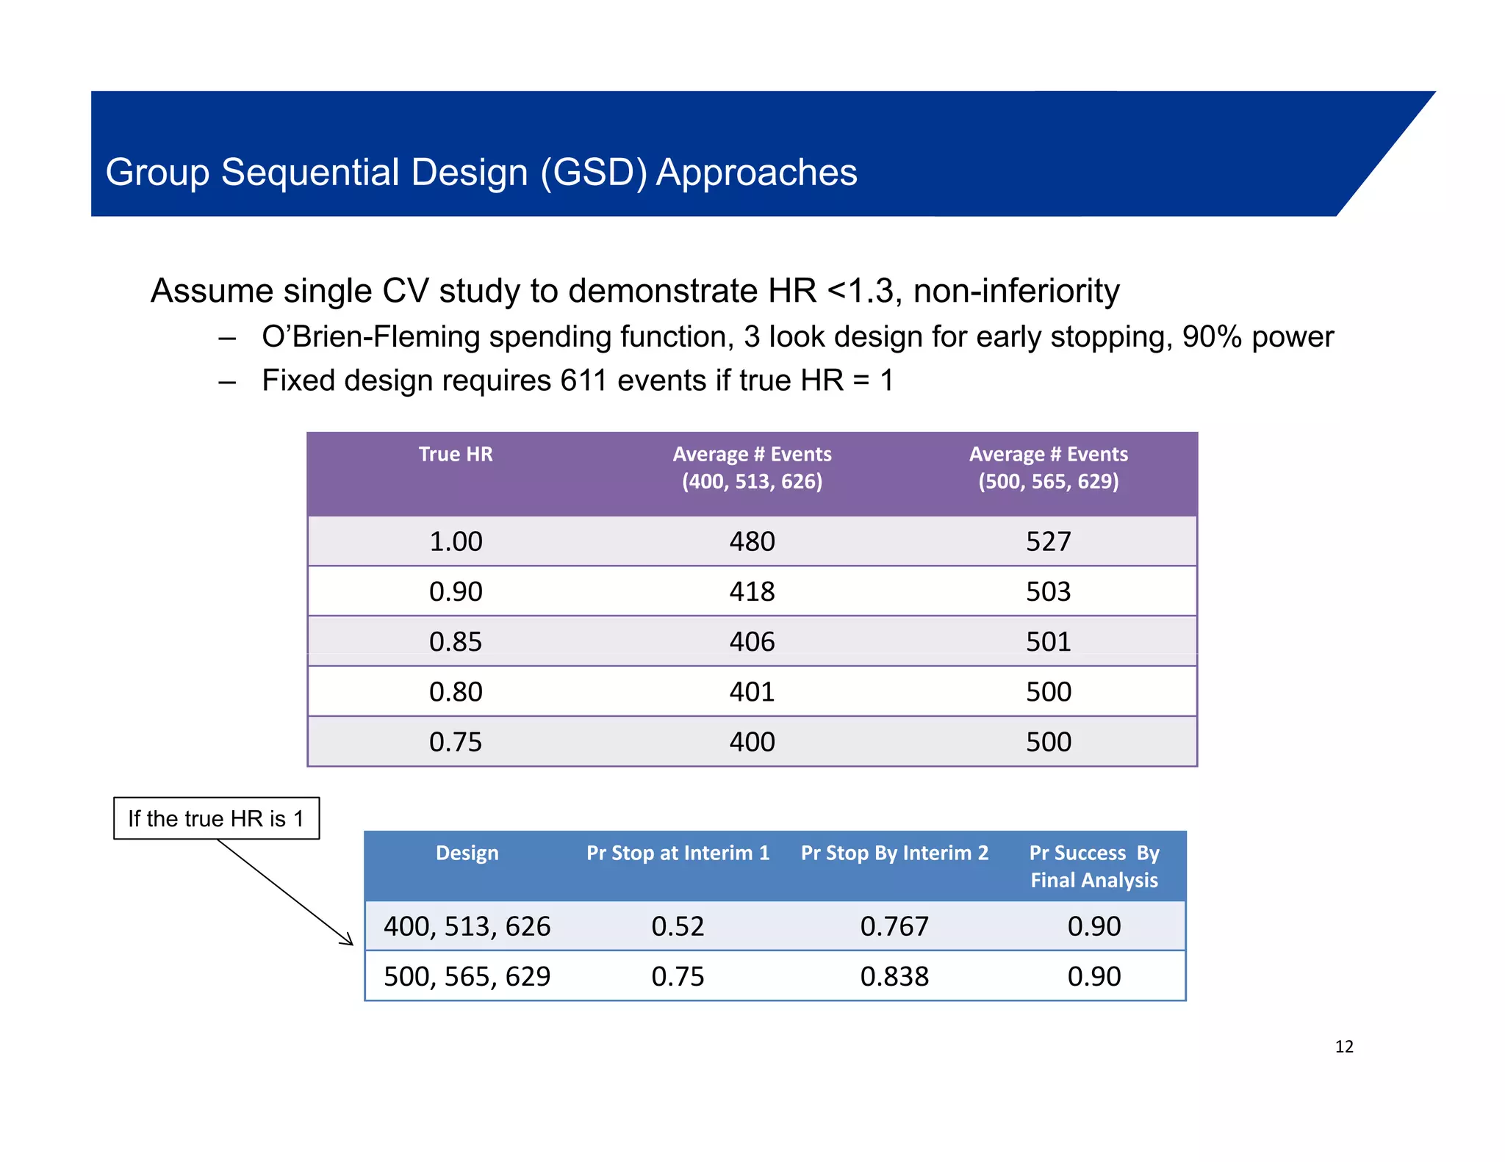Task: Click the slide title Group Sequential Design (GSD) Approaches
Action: click(481, 173)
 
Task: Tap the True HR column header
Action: click(456, 454)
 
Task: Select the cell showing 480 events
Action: click(752, 541)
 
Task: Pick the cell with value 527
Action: click(1048, 541)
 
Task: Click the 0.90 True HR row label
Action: click(456, 591)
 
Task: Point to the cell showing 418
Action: click(752, 591)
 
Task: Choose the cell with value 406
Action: click(752, 641)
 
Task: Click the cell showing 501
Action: click(1048, 641)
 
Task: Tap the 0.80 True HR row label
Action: click(456, 691)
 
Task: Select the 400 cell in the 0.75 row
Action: click(752, 742)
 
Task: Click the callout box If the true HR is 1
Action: click(216, 818)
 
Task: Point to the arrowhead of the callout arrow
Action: click(349, 942)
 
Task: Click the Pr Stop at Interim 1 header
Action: click(678, 853)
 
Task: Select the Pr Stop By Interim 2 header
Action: click(894, 853)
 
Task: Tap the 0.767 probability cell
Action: click(894, 926)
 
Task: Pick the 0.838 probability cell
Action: click(894, 976)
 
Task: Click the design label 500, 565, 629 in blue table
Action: click(467, 976)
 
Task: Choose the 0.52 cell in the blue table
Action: click(678, 926)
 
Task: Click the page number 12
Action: click(1344, 1047)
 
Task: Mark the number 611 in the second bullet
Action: click(583, 380)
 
